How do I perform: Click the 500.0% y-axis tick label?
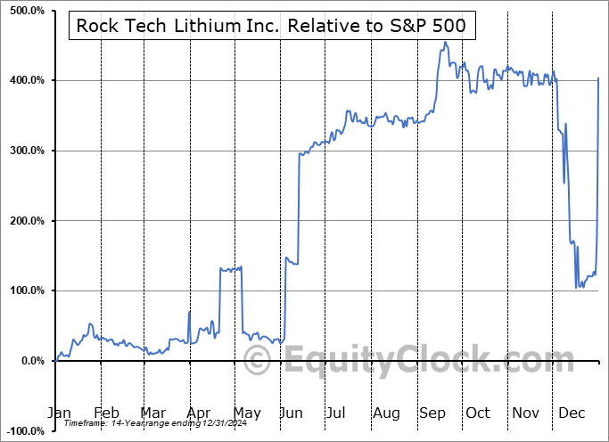24,11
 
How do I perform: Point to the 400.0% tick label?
24,81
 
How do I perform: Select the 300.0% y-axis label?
24,151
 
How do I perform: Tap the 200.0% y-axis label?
24,221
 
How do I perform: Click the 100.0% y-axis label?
24,291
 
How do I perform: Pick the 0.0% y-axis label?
29,361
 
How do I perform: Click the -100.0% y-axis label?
22,430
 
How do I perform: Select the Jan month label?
58,413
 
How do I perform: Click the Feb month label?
106,413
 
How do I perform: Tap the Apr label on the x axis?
199,413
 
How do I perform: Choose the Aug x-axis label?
387,413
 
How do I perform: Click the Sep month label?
432,413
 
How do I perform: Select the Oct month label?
479,413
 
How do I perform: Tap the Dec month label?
572,413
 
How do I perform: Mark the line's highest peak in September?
444,42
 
